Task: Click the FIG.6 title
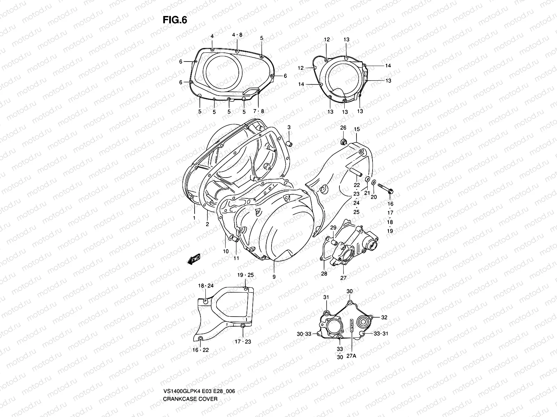click(175, 20)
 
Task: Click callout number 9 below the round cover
click(274, 277)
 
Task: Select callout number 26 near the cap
click(343, 128)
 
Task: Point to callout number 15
click(357, 129)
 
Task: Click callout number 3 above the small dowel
click(289, 128)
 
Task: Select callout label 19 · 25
click(245, 275)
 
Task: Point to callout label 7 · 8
click(258, 112)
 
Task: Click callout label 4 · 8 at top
click(237, 35)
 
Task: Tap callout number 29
click(333, 227)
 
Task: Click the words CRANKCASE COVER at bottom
click(190, 379)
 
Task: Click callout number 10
click(226, 251)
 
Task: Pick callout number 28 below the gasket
click(324, 274)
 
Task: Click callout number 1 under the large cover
click(194, 218)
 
